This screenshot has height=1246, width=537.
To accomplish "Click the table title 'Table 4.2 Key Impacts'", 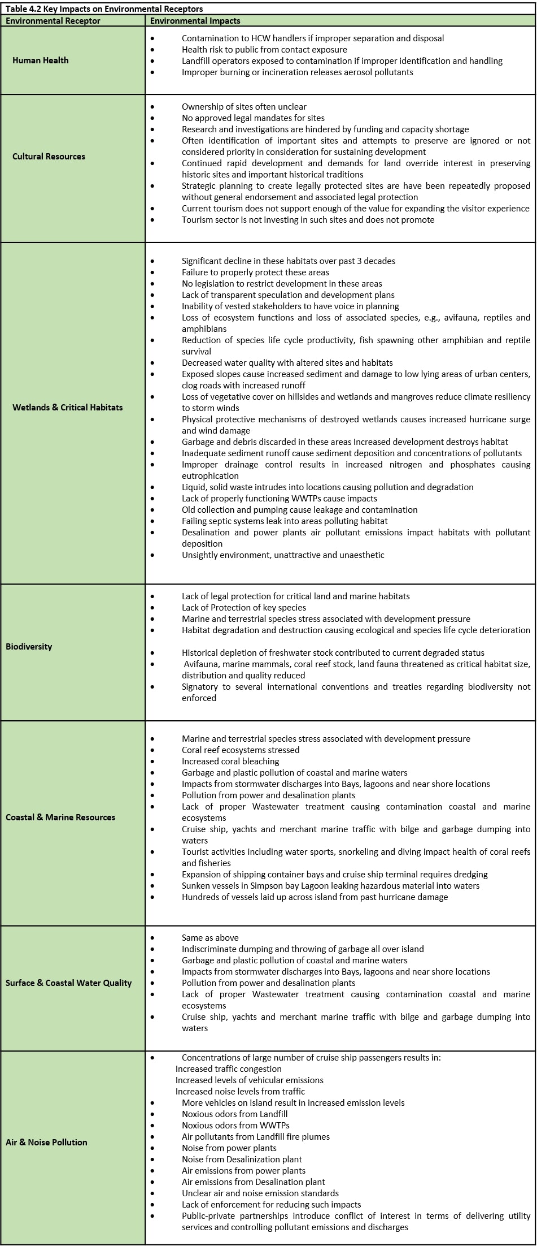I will (x=104, y=8).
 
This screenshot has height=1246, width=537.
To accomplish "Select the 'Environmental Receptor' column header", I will (x=53, y=21).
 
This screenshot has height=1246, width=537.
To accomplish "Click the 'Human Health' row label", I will (x=41, y=60).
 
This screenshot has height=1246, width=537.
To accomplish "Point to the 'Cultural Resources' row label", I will (x=49, y=157).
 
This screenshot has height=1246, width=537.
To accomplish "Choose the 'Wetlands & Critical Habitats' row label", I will (x=67, y=407).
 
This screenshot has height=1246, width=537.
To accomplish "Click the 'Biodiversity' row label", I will (x=29, y=646).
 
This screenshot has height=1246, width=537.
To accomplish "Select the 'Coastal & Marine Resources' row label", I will (x=60, y=817).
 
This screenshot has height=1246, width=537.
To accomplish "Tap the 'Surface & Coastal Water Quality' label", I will (x=68, y=983).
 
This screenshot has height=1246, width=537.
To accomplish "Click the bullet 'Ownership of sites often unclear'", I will (x=244, y=106).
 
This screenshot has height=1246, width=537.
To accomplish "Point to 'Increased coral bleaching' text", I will (x=230, y=761).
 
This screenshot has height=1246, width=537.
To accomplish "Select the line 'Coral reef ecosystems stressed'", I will (x=241, y=750).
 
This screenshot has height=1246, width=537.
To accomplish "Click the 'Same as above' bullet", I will (x=210, y=937).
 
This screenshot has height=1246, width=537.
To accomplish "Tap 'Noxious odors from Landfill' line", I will (x=234, y=1114).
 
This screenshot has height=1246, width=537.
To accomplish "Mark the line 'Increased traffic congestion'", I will (x=228, y=1068).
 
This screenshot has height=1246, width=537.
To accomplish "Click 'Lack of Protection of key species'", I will (x=244, y=607).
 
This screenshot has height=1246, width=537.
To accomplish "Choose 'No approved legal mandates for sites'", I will (x=253, y=118).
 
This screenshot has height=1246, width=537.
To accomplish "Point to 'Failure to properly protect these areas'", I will (x=255, y=272).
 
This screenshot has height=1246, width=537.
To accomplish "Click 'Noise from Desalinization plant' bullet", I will (x=242, y=1159).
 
